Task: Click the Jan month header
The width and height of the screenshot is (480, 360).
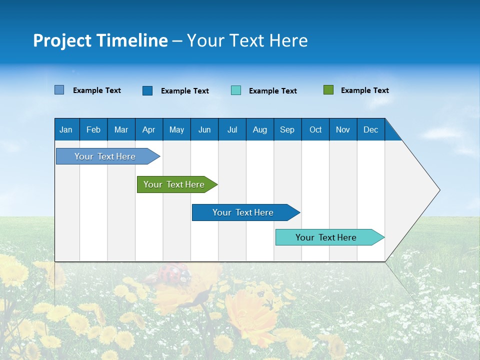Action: [x=66, y=129]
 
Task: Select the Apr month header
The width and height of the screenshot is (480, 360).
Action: [x=148, y=129]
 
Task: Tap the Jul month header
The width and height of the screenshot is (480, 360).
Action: [x=232, y=129]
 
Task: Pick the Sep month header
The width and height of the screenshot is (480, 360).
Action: [x=287, y=129]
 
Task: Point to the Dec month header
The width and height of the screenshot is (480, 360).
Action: [x=370, y=129]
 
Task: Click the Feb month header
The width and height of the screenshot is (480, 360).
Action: [x=93, y=129]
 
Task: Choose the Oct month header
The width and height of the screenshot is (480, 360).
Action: [x=315, y=129]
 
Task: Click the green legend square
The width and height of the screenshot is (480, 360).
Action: [x=328, y=90]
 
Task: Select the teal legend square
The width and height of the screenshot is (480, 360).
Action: [x=236, y=90]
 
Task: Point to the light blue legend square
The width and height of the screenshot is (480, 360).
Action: [x=59, y=90]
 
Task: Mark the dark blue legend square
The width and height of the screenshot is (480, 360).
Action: [x=147, y=90]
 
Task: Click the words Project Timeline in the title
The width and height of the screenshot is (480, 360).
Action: [x=100, y=40]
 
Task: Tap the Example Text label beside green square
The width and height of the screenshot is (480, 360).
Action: [x=364, y=90]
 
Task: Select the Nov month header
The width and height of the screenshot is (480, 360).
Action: [x=342, y=129]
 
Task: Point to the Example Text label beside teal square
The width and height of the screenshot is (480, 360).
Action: [x=272, y=91]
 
